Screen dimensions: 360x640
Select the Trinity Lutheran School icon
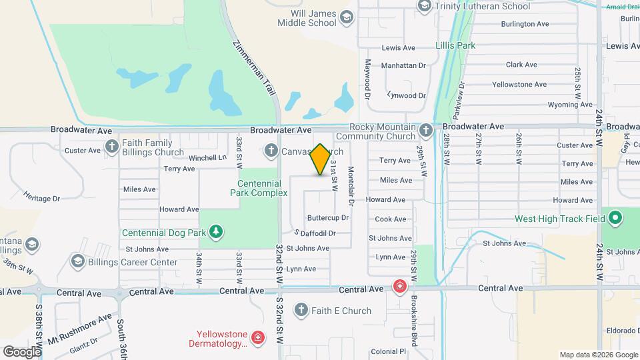point(424,6)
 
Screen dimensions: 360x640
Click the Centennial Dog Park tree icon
point(215,232)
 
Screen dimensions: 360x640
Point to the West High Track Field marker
point(616,218)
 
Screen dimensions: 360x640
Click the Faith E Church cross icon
point(301,311)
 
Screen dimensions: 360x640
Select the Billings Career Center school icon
point(78,261)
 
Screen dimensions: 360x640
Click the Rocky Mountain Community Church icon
point(427,131)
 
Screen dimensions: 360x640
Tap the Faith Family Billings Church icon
point(111,146)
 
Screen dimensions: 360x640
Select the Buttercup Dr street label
point(328,218)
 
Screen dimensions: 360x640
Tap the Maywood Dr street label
point(367,77)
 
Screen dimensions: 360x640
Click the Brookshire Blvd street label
point(414,321)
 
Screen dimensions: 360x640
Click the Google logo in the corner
point(22,351)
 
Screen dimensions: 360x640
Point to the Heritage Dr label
point(42,199)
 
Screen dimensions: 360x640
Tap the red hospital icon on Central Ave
point(399,287)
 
